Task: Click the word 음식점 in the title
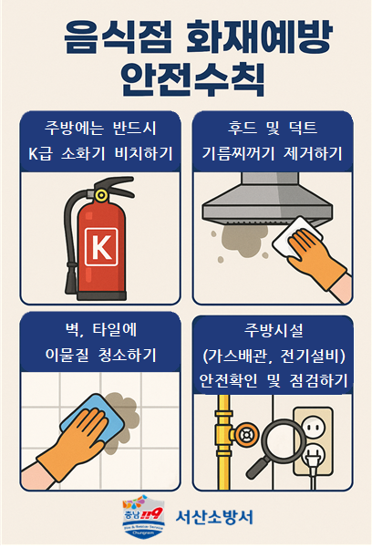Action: tap(103, 39)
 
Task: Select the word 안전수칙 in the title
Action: tap(186, 80)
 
